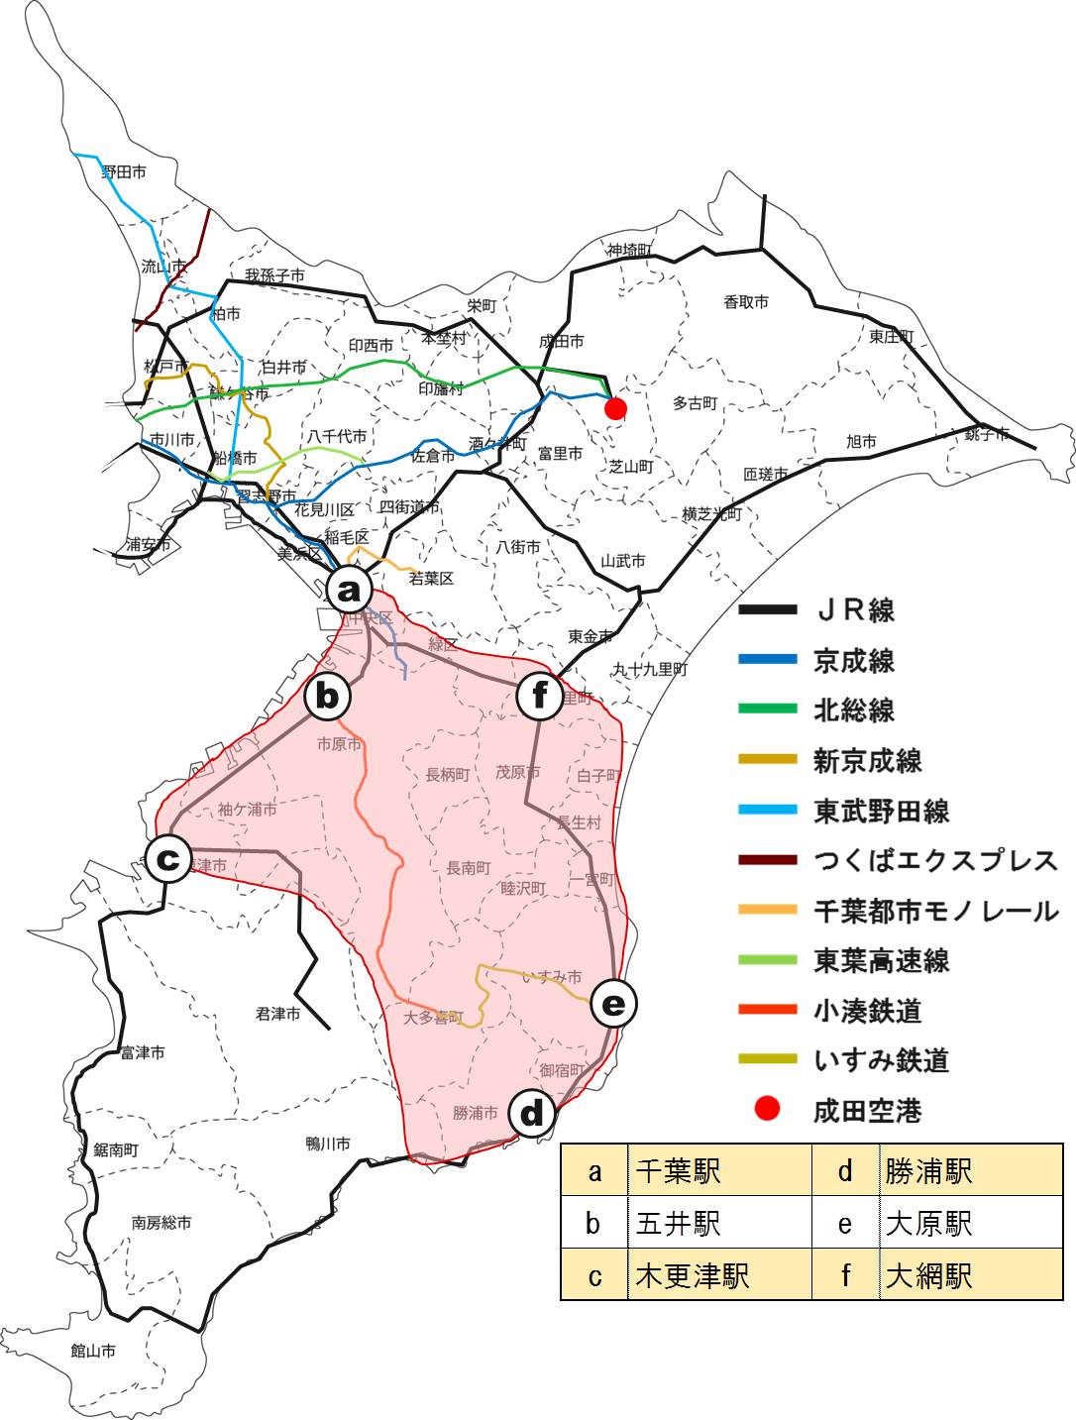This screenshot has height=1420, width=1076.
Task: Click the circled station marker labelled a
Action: tap(349, 591)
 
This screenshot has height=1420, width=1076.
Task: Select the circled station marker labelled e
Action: tap(613, 1005)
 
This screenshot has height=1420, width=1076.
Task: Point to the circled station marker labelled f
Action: tap(540, 697)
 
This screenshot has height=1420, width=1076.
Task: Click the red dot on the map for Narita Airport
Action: tap(615, 408)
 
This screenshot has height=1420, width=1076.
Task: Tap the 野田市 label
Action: tap(124, 172)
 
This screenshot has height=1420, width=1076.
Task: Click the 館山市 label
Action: tap(93, 1351)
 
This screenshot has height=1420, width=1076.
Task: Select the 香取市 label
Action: tap(745, 301)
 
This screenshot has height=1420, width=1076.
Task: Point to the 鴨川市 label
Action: tap(328, 1144)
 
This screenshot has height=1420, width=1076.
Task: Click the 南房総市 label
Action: tap(161, 1223)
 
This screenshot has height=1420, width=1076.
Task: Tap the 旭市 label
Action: tap(861, 441)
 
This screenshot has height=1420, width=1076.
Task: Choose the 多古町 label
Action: tap(695, 403)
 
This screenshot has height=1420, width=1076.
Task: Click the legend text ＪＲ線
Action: tap(854, 610)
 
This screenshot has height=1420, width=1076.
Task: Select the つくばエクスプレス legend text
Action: tap(935, 860)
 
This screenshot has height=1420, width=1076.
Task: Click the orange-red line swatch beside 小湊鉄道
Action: tap(768, 1010)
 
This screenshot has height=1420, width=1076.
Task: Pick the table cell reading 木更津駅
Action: tap(693, 1275)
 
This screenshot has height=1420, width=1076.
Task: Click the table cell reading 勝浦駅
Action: tap(928, 1171)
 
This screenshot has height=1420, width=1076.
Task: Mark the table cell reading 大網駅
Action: tap(928, 1275)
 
